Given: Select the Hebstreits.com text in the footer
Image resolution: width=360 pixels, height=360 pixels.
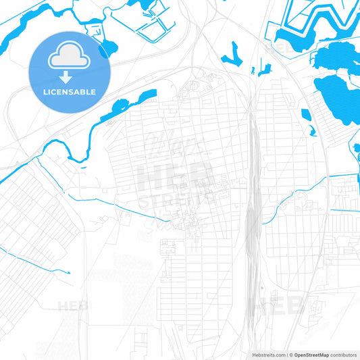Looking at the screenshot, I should pos(267,354).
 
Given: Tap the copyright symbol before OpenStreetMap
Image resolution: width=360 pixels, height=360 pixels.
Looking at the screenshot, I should pos(292,354).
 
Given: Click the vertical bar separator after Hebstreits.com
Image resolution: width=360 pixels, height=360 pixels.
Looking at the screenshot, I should pos(288,354).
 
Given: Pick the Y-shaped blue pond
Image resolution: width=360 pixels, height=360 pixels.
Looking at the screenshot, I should pos(235,52).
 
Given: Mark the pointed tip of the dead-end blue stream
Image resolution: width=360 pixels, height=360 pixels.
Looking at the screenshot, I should pos(70,272).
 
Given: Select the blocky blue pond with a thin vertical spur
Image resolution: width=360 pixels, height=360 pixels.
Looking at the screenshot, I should pos(263,68).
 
